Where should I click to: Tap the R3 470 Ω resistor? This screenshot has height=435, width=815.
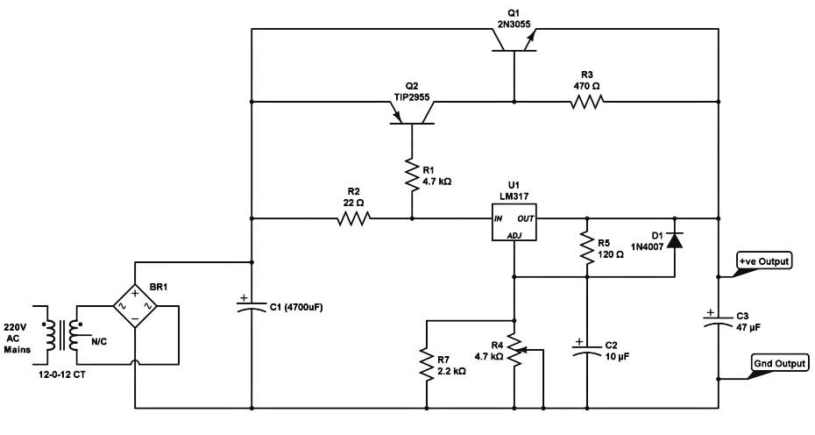click(x=587, y=103)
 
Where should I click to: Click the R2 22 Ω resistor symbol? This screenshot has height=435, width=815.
click(x=352, y=218)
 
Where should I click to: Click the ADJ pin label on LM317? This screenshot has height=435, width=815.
click(x=514, y=236)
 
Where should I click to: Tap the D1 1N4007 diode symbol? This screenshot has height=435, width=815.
click(x=674, y=240)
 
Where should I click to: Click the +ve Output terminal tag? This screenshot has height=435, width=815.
click(x=764, y=261)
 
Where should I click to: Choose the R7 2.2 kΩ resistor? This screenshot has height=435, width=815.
click(x=426, y=363)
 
